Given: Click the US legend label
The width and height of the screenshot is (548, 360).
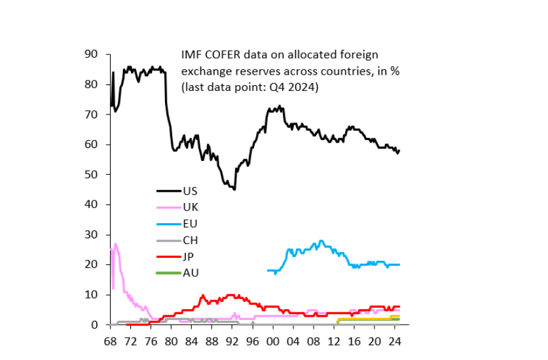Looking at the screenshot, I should click(x=191, y=191).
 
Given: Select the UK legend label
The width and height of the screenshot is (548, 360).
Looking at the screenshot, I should click(x=191, y=207).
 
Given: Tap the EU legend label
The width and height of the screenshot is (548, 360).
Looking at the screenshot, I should click(x=191, y=224).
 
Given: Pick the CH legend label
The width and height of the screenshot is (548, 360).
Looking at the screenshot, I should click(x=191, y=240).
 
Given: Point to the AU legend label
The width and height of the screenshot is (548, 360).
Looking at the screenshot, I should click(x=191, y=273).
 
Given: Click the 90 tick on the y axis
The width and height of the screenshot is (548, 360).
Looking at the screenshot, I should click(x=91, y=54).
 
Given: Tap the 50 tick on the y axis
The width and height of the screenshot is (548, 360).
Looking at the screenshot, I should click(x=91, y=175).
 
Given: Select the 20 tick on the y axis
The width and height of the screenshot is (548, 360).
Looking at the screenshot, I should click(x=91, y=265).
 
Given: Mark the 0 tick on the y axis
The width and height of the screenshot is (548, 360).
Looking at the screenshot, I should click(x=94, y=325).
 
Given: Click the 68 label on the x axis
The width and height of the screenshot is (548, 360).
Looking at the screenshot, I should click(x=110, y=341).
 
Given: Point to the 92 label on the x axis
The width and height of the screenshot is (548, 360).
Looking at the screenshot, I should click(x=232, y=341).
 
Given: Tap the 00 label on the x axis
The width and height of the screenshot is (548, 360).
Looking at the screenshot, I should click(x=272, y=341).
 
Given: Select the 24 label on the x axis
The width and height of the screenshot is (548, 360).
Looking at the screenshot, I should click(x=394, y=341).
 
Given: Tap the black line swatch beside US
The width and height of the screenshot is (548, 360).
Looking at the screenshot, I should click(x=169, y=191).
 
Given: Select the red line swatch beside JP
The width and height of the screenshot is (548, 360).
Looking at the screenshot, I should click(x=169, y=257).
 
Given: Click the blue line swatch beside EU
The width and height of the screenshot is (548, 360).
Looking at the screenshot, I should click(x=169, y=224).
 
